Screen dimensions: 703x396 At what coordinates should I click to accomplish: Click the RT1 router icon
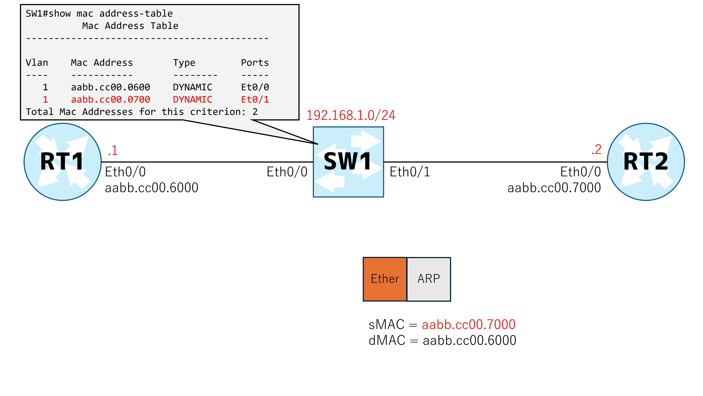coord(63,162)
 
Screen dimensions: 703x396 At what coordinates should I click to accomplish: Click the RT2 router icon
coord(646,162)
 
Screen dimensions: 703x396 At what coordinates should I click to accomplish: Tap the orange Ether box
coord(385,279)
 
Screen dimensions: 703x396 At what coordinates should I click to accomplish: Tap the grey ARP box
coord(429,279)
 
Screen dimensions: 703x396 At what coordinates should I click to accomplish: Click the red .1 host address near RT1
coord(113,150)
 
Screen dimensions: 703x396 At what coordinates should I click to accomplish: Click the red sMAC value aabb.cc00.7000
coord(469,325)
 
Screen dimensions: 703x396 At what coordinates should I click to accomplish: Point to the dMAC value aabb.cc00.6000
coord(469,340)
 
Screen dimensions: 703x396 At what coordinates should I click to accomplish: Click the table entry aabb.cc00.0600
coord(111,87)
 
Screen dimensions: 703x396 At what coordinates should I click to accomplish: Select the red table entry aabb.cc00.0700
coord(111,100)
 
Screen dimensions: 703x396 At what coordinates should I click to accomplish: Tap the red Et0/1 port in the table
coord(255,100)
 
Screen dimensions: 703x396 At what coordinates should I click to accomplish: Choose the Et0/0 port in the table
coord(255,87)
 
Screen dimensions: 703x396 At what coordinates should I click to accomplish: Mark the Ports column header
coord(255,63)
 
